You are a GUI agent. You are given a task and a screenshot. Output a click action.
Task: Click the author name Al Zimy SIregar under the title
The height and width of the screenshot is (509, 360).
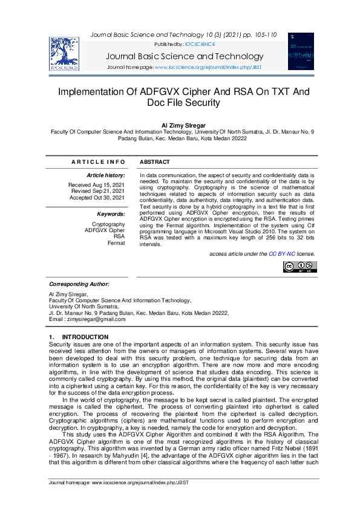180,125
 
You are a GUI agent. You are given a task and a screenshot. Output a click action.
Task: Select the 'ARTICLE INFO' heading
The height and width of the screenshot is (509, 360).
98,162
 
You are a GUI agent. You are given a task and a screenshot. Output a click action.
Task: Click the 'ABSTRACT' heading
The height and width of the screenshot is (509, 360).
155,162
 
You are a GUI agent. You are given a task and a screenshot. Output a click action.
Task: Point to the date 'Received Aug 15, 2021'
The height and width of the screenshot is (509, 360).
97,184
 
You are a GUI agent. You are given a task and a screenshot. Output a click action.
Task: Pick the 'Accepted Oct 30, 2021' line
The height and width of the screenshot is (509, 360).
97,198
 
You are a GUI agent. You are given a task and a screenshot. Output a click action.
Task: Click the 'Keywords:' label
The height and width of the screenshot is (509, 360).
111,214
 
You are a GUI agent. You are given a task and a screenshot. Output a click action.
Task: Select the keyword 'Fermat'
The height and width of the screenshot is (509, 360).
116,243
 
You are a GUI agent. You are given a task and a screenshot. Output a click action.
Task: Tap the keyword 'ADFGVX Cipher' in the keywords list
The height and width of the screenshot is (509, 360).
105,230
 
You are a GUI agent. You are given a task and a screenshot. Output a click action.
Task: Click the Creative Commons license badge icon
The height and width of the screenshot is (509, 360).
299,267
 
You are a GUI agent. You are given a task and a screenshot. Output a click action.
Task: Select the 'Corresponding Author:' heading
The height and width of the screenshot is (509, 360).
79,284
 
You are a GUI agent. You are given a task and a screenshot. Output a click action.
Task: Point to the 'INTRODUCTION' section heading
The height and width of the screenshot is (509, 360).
85,337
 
